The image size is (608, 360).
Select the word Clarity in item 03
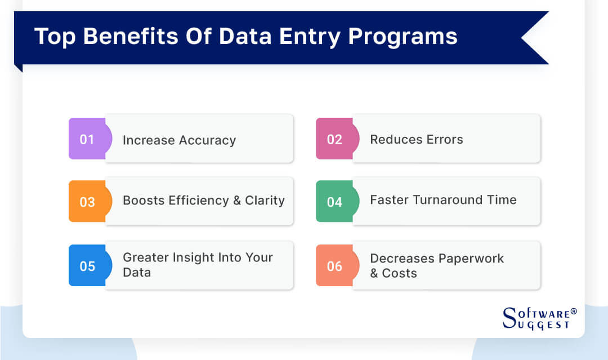click(x=265, y=201)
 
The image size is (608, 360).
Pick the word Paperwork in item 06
click(x=471, y=259)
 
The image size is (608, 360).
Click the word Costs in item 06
click(x=399, y=273)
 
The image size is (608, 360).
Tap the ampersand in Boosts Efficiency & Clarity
click(x=237, y=201)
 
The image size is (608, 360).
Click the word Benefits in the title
click(x=131, y=36)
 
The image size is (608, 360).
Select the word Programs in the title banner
click(x=403, y=37)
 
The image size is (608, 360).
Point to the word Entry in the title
click(x=310, y=37)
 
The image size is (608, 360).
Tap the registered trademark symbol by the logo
click(x=574, y=311)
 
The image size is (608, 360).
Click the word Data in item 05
click(x=137, y=272)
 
